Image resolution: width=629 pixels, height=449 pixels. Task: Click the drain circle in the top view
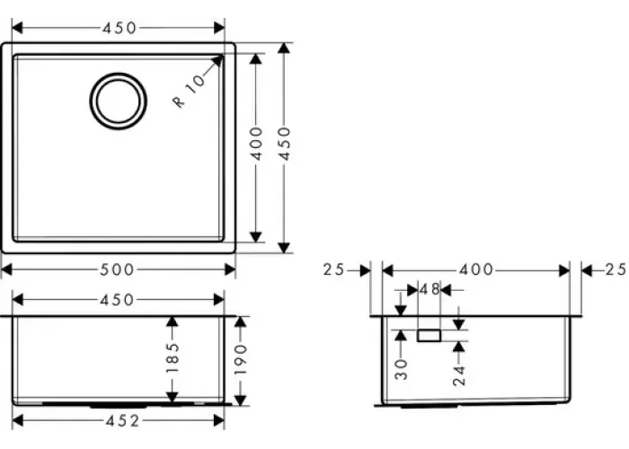pyautogui.click(x=118, y=74)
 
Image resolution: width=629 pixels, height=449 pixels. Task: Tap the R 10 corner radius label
pyautogui.click(x=190, y=91)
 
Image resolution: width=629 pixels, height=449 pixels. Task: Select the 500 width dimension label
pyautogui.click(x=116, y=269)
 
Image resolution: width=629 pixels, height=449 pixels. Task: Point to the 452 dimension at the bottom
pyautogui.click(x=122, y=421)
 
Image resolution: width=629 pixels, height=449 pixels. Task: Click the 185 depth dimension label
pyautogui.click(x=173, y=357)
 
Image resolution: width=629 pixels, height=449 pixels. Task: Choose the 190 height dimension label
pyautogui.click(x=240, y=359)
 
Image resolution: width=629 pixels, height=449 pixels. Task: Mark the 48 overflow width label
pyautogui.click(x=430, y=289)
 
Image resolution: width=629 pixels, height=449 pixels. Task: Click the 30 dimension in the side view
pyautogui.click(x=401, y=369)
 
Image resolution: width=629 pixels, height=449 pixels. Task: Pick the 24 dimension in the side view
pyautogui.click(x=459, y=375)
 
